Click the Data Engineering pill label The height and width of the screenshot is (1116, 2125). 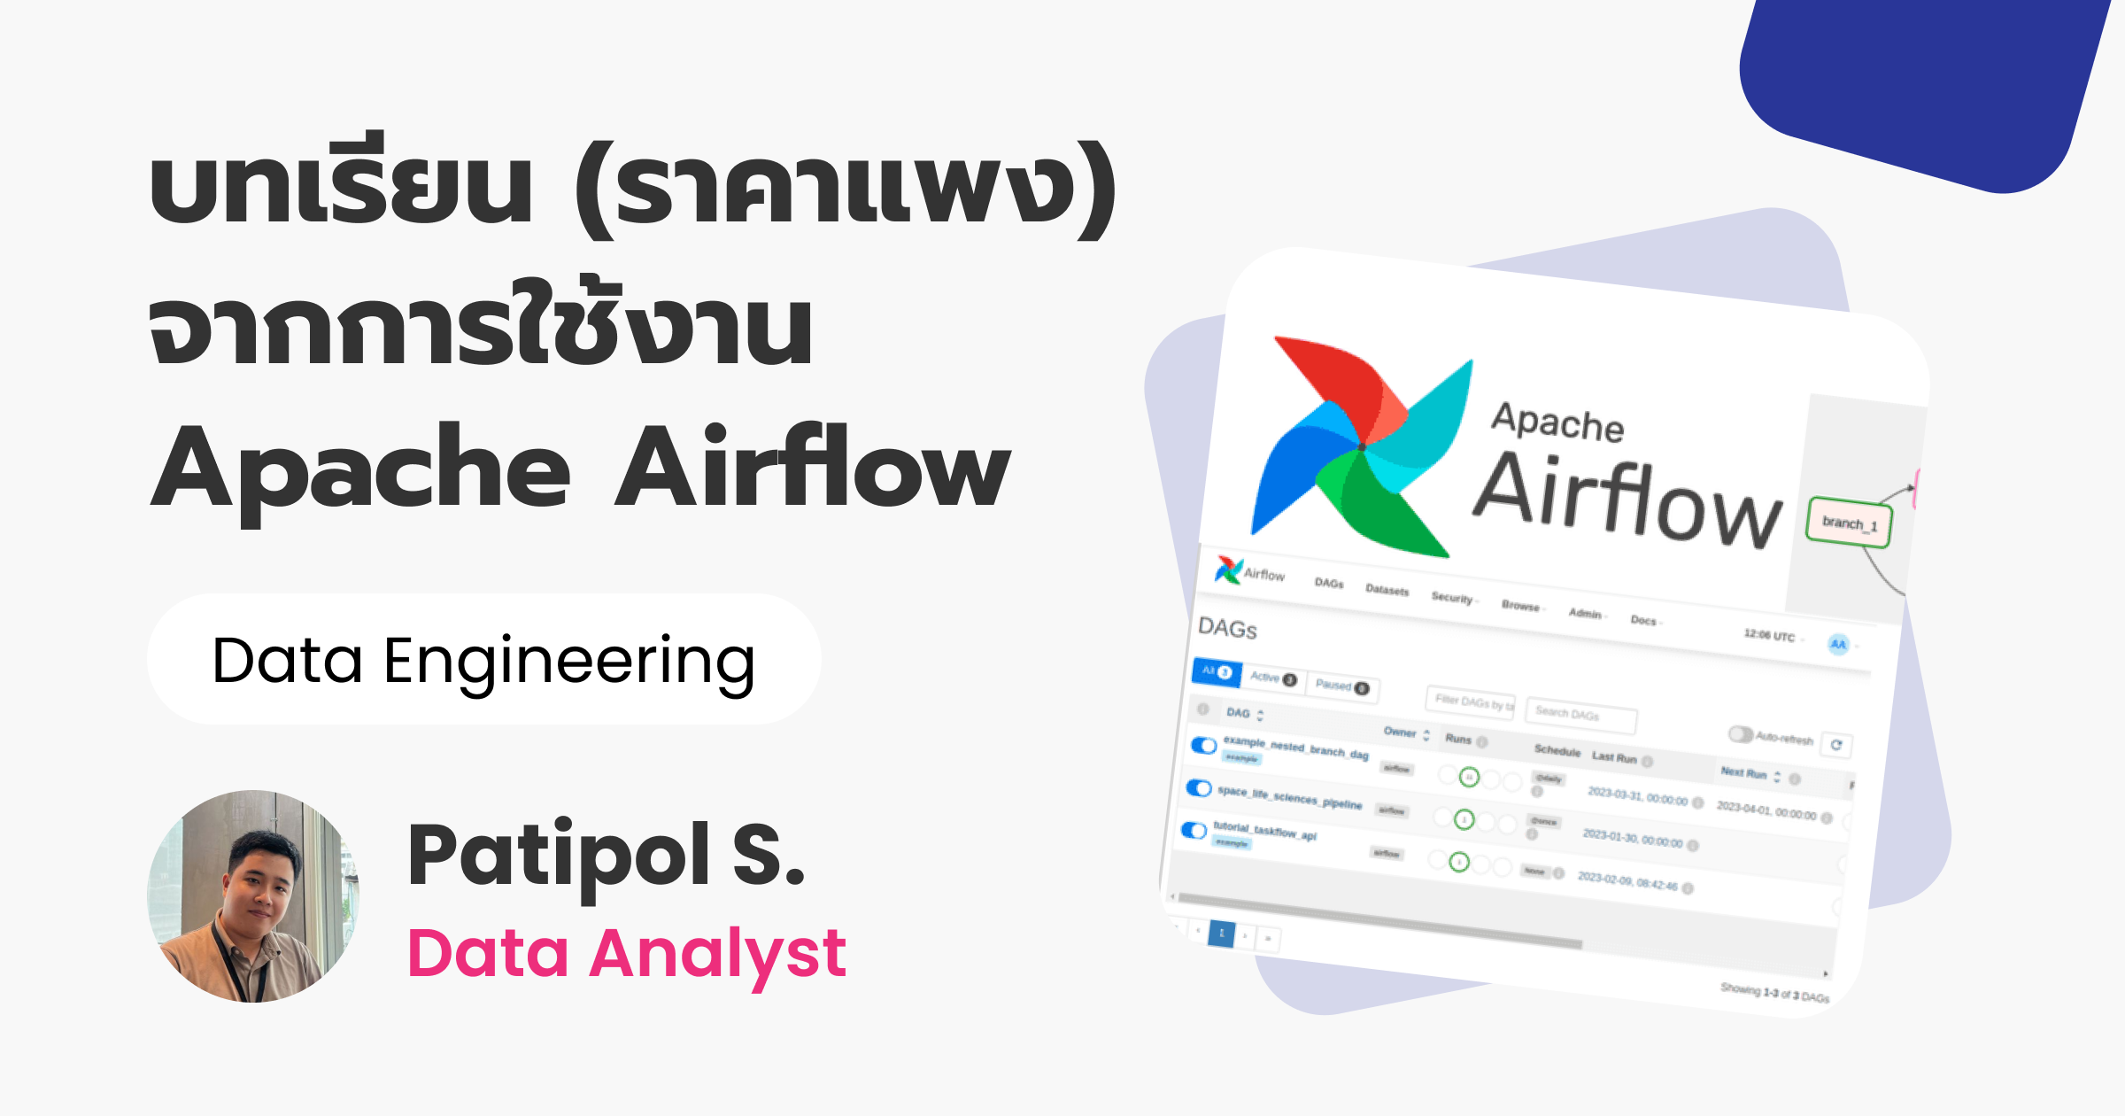tap(483, 660)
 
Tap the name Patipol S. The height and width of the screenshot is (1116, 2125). tap(606, 856)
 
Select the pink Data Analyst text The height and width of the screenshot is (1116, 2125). tap(626, 954)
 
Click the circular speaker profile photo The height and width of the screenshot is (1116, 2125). tap(253, 896)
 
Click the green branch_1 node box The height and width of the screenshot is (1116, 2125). tap(1849, 523)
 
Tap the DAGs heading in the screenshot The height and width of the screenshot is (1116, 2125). tap(1227, 628)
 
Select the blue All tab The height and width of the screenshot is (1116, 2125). tap(1217, 671)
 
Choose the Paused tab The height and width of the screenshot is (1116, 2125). tap(1341, 686)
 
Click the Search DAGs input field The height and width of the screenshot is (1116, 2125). tap(1580, 714)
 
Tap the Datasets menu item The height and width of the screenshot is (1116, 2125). tap(1387, 590)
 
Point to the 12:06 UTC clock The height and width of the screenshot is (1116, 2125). tap(1769, 636)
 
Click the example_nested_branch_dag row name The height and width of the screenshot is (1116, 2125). tap(1295, 748)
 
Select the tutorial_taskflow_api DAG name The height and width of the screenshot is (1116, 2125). tap(1264, 831)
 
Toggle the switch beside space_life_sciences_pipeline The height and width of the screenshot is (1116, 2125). tap(1199, 788)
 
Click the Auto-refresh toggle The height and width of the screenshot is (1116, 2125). tap(1741, 734)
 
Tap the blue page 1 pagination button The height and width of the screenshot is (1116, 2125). tap(1221, 934)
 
